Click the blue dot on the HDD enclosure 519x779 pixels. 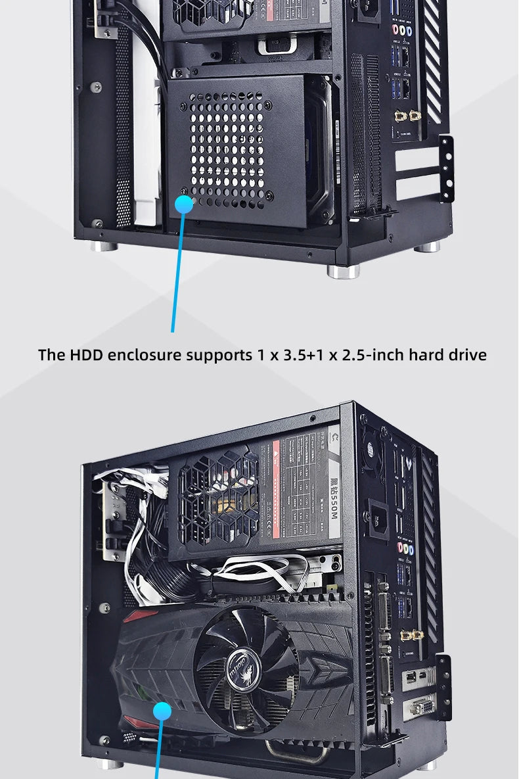coord(184,204)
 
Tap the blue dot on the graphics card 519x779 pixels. coord(162,711)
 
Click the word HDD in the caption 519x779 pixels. coord(87,355)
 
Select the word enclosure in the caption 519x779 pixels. coord(144,355)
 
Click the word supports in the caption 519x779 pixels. coord(217,355)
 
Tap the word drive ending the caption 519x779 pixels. coord(467,355)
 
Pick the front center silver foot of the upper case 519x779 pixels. coord(343,271)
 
